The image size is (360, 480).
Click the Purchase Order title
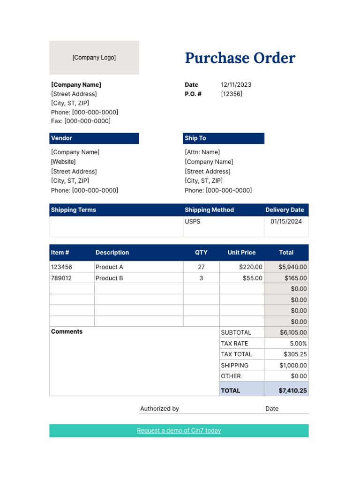tap(240, 58)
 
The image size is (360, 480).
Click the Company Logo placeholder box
tap(94, 58)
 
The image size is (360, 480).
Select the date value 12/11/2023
tap(236, 85)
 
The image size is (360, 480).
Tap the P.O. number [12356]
tap(232, 94)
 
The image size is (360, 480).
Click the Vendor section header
tap(94, 138)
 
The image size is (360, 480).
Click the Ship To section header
tap(224, 138)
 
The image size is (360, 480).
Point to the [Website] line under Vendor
tap(63, 162)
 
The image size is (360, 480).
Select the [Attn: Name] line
tap(202, 152)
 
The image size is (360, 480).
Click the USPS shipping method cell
tap(193, 221)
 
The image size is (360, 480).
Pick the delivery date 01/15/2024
tap(286, 221)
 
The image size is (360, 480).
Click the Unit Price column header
tap(241, 253)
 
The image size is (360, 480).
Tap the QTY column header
tap(201, 253)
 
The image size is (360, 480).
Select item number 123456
tap(61, 267)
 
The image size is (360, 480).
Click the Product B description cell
tap(109, 278)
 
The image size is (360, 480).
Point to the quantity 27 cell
tap(201, 267)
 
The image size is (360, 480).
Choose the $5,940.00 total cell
tap(292, 267)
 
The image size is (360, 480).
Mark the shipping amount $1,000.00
tap(293, 365)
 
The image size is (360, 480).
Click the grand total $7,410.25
tap(292, 390)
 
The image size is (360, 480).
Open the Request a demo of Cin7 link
tap(179, 430)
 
